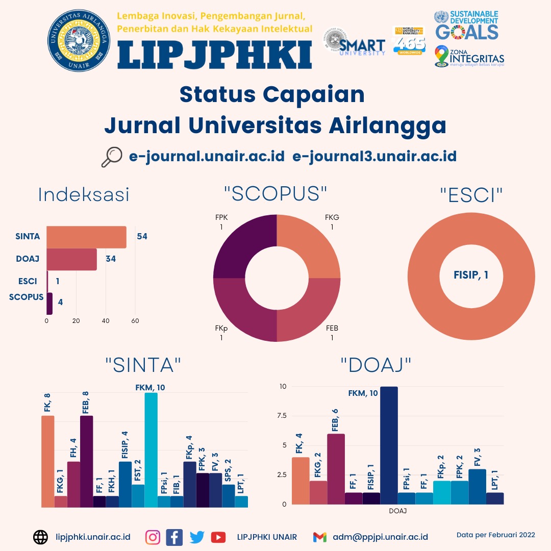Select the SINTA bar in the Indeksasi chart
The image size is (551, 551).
coord(86,237)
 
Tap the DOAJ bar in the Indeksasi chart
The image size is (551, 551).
coord(71,259)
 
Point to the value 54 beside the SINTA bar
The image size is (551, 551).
coord(142,236)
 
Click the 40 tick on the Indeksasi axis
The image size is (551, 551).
coord(106,321)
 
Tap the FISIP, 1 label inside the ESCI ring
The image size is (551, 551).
coord(471,275)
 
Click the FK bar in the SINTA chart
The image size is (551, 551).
coord(48,461)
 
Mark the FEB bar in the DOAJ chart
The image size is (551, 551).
coord(336,469)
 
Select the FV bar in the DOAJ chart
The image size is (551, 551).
coord(477,487)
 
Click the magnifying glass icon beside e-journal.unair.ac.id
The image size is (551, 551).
coord(111,157)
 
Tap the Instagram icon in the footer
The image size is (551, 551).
coord(153,537)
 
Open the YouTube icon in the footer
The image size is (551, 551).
coord(218,537)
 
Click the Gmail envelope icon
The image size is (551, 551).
coord(319,537)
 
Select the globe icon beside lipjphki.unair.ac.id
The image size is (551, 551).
coord(40,537)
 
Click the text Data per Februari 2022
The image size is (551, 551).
coord(496,535)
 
